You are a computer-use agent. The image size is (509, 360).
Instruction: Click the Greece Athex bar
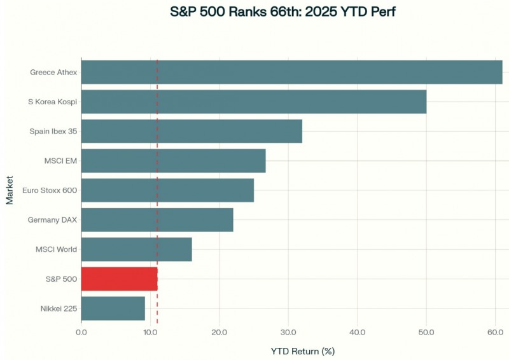pos(291,72)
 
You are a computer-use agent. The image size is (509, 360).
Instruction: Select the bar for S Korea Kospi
pos(253,102)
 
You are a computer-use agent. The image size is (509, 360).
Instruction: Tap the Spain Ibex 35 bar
pos(192,131)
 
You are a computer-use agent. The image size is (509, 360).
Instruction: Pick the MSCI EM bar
pos(173,161)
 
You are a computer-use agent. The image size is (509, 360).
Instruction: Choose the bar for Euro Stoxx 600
pos(167,190)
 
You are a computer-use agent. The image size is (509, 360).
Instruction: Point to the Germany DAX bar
pos(157,219)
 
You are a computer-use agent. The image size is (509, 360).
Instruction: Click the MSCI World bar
pos(136,249)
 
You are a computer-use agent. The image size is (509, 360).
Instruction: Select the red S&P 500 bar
pos(119,279)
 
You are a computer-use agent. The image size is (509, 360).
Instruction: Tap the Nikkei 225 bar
pos(113,308)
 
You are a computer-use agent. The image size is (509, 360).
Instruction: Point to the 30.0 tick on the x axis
pos(288,333)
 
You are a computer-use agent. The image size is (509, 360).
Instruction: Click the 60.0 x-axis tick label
pos(495,333)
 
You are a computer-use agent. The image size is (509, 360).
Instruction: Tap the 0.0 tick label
pos(81,333)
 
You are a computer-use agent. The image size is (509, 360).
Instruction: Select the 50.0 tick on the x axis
pos(426,333)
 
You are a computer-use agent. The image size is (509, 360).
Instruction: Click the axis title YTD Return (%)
pos(302,351)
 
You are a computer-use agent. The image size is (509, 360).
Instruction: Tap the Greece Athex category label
pos(53,72)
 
